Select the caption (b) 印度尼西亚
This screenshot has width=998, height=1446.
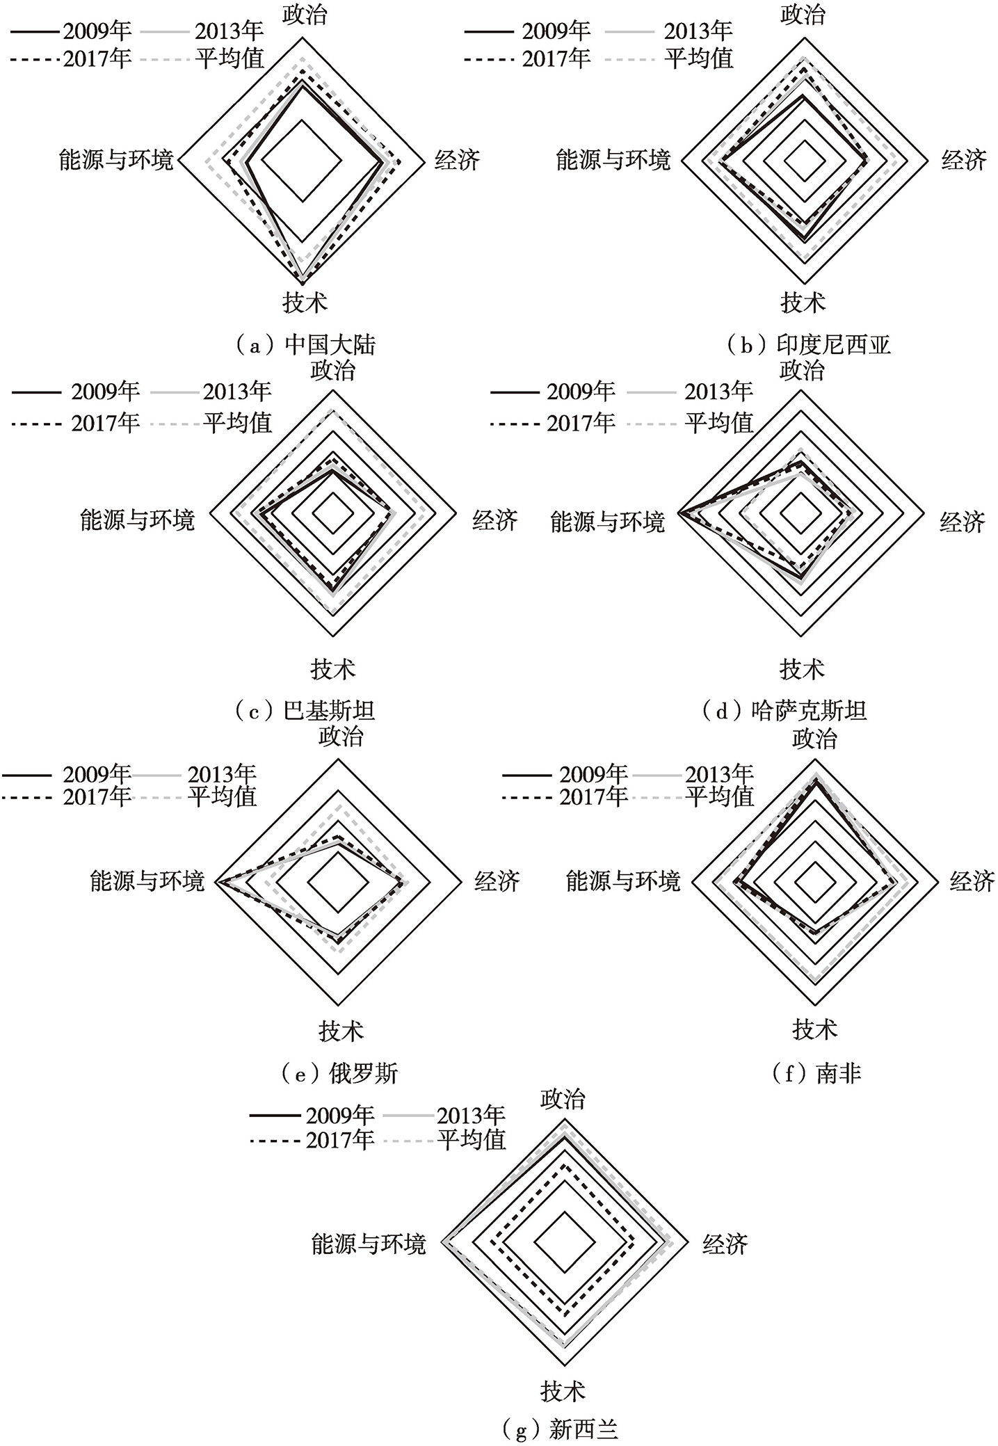tap(808, 345)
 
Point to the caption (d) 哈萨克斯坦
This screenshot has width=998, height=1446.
tap(784, 711)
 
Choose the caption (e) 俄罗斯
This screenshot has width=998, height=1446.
tap(339, 1073)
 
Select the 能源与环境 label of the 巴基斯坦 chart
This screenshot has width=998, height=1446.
tap(138, 520)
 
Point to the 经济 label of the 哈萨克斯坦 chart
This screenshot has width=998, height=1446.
tap(963, 522)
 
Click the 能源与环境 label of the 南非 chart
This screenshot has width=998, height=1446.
tap(623, 881)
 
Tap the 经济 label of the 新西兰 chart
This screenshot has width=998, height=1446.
tap(725, 1244)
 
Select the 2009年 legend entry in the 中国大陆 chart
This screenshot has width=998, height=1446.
tap(71, 31)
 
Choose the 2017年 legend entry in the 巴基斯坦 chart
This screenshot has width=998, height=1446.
tap(76, 423)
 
